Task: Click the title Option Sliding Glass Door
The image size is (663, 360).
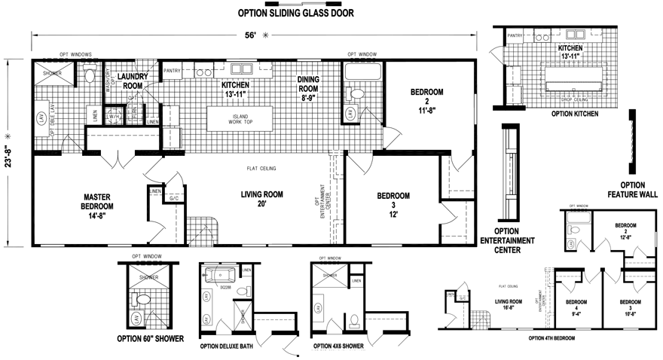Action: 295,13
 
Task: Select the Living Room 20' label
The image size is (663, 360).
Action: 261,200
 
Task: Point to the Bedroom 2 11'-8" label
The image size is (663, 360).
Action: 426,101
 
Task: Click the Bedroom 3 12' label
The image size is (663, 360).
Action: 393,201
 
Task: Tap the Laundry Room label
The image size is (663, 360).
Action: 133,81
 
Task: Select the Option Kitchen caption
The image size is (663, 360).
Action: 575,114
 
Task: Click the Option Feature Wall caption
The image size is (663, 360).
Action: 631,191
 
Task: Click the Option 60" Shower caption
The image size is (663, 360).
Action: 151,339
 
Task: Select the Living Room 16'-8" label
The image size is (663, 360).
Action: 509,303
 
